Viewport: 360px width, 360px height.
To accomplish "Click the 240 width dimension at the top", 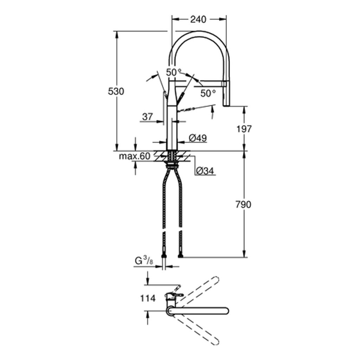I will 198,19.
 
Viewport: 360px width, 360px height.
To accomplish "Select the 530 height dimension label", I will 116,91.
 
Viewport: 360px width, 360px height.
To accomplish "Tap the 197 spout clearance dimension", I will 243,129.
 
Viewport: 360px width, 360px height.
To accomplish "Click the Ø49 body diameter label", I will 197,138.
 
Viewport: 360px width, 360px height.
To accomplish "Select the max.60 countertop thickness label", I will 134,156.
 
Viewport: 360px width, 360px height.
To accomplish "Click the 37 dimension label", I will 148,116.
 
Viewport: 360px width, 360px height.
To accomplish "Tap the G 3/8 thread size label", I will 143,261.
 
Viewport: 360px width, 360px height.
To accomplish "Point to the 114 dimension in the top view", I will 148,298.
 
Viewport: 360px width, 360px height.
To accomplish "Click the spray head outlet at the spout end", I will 227,103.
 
